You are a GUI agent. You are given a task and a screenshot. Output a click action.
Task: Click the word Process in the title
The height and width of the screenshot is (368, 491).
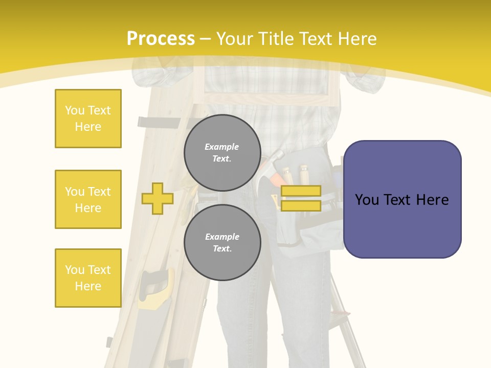pyautogui.click(x=161, y=39)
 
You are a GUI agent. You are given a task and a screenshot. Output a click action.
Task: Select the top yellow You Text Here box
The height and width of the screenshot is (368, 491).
pyautogui.click(x=88, y=119)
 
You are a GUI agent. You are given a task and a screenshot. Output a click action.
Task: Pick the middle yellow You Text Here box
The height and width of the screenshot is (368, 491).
pyautogui.click(x=88, y=199)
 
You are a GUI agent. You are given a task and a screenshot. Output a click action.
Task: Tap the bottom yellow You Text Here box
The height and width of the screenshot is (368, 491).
pyautogui.click(x=88, y=278)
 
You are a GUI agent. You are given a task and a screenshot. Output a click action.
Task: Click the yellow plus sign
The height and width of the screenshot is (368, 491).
pyautogui.click(x=157, y=198)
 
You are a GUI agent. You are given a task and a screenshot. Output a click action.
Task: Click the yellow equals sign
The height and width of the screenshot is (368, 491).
pyautogui.click(x=301, y=198)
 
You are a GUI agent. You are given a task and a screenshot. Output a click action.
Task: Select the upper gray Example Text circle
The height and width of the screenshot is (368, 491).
pyautogui.click(x=222, y=152)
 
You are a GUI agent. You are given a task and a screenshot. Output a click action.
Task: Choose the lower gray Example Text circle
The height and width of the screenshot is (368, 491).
pyautogui.click(x=222, y=242)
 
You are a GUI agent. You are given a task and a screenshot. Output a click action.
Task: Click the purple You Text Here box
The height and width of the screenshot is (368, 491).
pyautogui.click(x=402, y=199)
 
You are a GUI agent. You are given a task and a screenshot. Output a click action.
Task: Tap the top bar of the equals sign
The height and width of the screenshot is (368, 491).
pyautogui.click(x=301, y=191)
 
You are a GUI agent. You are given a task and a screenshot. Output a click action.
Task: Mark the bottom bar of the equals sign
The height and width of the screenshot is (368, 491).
pyautogui.click(x=301, y=205)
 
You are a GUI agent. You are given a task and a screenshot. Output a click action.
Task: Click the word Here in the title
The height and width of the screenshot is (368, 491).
pyautogui.click(x=356, y=39)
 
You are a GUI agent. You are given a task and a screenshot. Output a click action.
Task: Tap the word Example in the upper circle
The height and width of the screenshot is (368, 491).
pyautogui.click(x=222, y=147)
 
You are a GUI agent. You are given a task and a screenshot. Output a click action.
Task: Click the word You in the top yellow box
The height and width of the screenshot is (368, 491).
pyautogui.click(x=74, y=110)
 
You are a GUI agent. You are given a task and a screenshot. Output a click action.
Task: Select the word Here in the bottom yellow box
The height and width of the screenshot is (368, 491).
pyautogui.click(x=88, y=286)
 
